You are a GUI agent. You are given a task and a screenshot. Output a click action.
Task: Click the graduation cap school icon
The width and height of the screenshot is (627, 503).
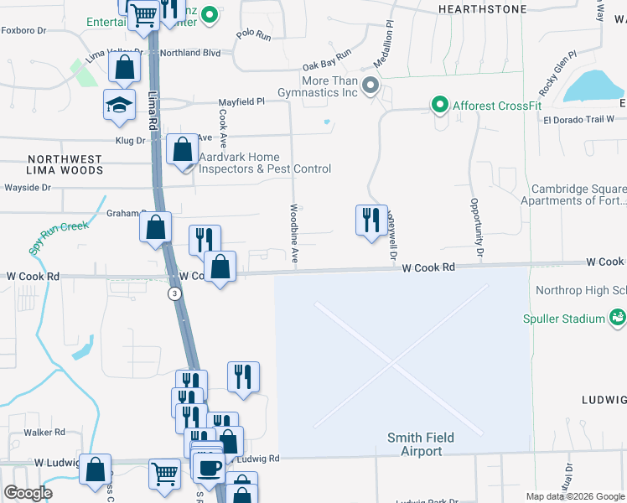click(x=119, y=105)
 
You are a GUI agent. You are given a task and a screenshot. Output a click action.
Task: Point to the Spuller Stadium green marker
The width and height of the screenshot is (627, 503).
click(x=617, y=317)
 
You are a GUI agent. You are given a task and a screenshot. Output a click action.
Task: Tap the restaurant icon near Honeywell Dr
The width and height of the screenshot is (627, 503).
click(x=370, y=220)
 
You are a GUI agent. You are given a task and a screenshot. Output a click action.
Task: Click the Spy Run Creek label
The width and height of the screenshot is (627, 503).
click(x=59, y=237)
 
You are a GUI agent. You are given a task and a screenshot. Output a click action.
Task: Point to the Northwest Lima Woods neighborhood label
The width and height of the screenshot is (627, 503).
click(x=65, y=164)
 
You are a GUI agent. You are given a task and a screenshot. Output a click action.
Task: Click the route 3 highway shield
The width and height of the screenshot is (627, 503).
click(x=174, y=293)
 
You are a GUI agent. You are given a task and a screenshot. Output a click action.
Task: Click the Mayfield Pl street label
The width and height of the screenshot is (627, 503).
click(x=241, y=101)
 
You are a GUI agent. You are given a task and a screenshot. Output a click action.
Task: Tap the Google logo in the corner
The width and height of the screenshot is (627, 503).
click(x=28, y=493)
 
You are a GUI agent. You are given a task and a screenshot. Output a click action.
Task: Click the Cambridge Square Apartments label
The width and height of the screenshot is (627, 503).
click(x=573, y=194)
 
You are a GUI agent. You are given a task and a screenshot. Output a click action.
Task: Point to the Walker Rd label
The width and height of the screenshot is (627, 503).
click(x=44, y=433)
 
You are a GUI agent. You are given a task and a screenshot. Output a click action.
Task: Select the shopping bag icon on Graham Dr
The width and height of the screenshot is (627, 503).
click(x=156, y=226)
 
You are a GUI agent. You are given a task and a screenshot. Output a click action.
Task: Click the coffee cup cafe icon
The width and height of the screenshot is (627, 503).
click(x=210, y=467)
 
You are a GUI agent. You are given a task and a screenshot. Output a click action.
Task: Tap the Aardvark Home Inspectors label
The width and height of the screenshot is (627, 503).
click(x=264, y=163)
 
